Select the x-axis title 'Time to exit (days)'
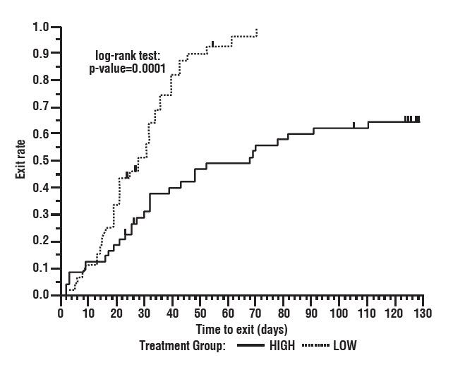(241, 329)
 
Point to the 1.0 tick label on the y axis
(41, 28)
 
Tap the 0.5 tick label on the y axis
(41, 161)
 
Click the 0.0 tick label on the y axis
(41, 295)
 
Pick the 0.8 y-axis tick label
(41, 81)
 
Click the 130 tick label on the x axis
(423, 313)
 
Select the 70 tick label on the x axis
(255, 313)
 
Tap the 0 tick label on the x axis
(61, 313)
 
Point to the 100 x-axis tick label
(339, 313)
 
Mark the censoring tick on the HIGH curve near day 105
(354, 125)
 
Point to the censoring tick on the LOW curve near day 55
(212, 44)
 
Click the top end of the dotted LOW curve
(257, 30)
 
